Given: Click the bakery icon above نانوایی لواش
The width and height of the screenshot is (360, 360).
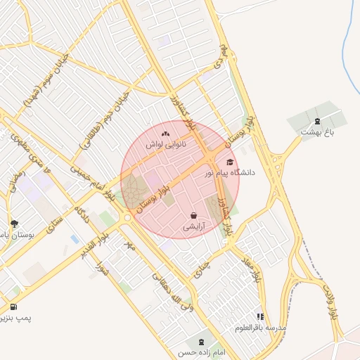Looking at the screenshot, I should click(x=165, y=134).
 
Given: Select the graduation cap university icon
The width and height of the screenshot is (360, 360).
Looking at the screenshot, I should click(x=229, y=162).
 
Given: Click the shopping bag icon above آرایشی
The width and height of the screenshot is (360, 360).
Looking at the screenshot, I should click(x=194, y=216).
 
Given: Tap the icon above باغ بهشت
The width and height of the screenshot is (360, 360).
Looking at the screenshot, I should click(x=316, y=122).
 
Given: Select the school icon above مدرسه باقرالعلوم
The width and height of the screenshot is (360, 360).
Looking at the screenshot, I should click(x=261, y=317).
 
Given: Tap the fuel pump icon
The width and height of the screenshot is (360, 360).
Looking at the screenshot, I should click(x=13, y=307).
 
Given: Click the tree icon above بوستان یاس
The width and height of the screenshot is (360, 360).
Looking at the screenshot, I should click(x=13, y=224).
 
